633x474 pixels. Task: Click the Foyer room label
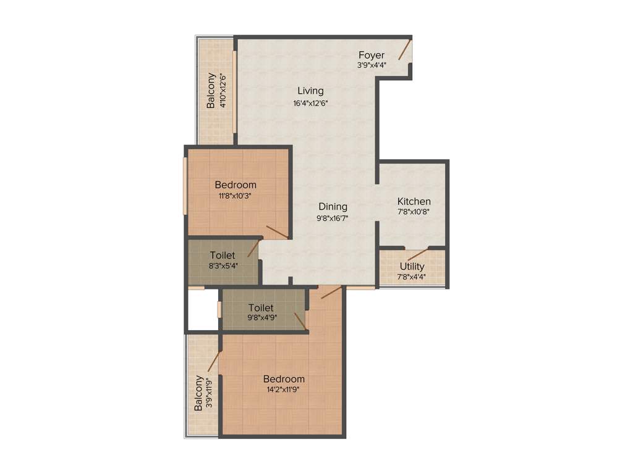[371, 56]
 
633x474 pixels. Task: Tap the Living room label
[310, 91]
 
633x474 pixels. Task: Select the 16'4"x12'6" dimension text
[310, 103]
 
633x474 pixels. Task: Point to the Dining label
[333, 207]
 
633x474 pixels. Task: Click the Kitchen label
[414, 202]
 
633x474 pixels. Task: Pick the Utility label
[412, 267]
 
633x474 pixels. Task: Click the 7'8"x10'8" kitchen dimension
[414, 211]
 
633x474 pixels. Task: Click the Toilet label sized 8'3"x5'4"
[222, 256]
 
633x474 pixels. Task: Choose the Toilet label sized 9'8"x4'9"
[261, 307]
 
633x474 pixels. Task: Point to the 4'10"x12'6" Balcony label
[211, 91]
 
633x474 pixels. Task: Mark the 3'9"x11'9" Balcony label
[198, 393]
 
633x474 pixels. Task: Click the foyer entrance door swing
[405, 50]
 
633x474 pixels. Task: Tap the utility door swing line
[417, 255]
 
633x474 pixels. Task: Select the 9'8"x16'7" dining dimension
[333, 217]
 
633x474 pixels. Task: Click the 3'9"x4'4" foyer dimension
[371, 65]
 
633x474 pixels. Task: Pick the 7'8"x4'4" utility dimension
[412, 276]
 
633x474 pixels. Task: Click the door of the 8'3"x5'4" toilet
[253, 248]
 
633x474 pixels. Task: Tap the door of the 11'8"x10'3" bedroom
[276, 232]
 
